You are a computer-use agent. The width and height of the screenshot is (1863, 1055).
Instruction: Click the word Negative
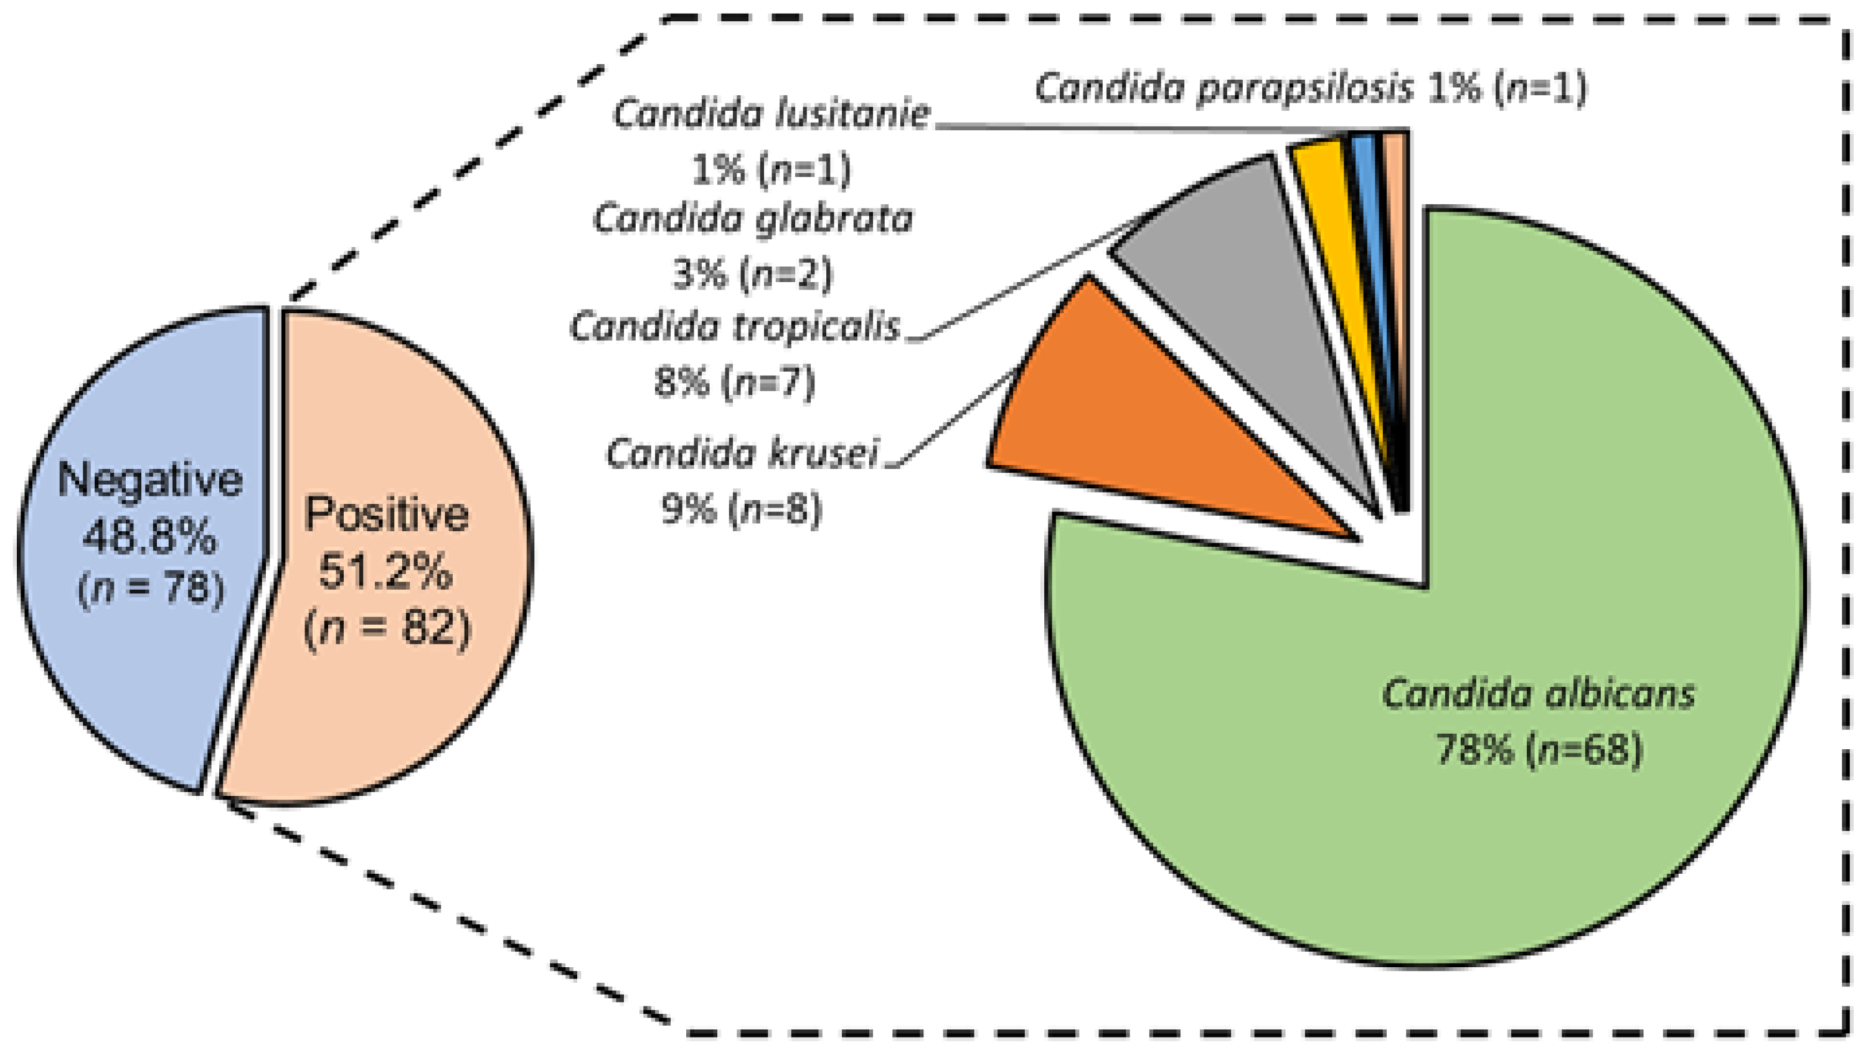(x=150, y=480)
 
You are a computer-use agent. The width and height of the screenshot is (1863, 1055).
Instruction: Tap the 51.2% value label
(x=386, y=571)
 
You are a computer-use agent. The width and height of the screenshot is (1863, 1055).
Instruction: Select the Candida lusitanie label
(x=771, y=115)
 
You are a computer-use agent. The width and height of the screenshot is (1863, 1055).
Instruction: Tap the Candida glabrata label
(x=753, y=219)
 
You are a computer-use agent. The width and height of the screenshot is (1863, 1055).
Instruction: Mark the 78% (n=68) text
(x=1539, y=750)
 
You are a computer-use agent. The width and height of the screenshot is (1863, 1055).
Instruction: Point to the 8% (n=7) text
(x=735, y=382)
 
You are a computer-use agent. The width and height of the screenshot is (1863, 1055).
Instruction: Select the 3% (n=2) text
(x=753, y=274)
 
